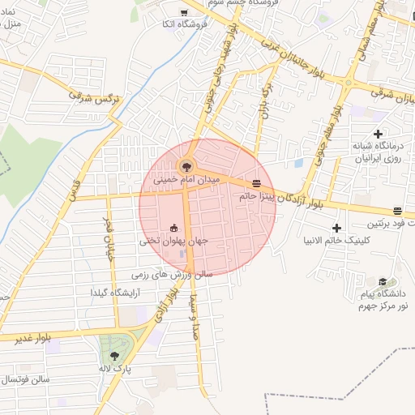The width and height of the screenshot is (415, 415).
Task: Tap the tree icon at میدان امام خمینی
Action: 187,165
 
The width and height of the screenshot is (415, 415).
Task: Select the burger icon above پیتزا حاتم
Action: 257,183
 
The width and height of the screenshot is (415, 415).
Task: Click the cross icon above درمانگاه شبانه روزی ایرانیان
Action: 378,133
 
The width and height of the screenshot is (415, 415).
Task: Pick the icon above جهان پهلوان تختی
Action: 173,228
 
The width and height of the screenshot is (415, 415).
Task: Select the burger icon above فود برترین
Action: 396,211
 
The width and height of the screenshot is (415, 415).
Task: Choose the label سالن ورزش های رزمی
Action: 172,274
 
